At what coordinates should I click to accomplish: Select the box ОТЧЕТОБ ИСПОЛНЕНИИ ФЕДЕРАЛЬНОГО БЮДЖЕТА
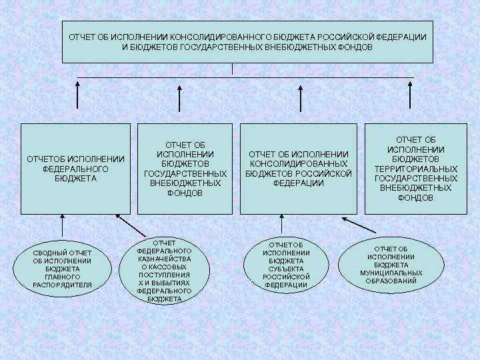click(75, 168)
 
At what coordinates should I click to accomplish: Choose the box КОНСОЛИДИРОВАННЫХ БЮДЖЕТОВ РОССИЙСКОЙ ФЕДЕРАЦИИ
click(298, 168)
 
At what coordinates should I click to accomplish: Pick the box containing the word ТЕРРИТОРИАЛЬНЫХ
click(415, 168)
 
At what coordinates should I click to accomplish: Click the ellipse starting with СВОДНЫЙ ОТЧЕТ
click(62, 268)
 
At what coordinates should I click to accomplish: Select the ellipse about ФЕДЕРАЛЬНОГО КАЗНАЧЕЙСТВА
click(164, 271)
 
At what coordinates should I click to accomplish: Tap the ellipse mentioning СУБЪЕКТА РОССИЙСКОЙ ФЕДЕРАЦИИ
click(286, 265)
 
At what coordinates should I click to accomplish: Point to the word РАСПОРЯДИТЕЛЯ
click(62, 285)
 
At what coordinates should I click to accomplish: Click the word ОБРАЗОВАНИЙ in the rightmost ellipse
click(391, 281)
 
